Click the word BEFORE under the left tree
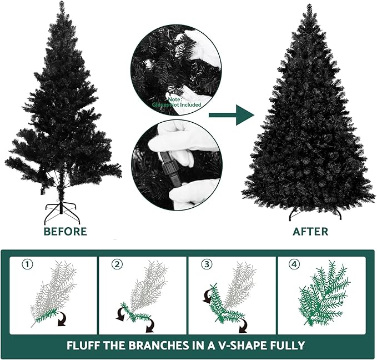[66, 231]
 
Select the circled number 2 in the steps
[116, 264]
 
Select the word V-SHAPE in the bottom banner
[244, 345]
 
